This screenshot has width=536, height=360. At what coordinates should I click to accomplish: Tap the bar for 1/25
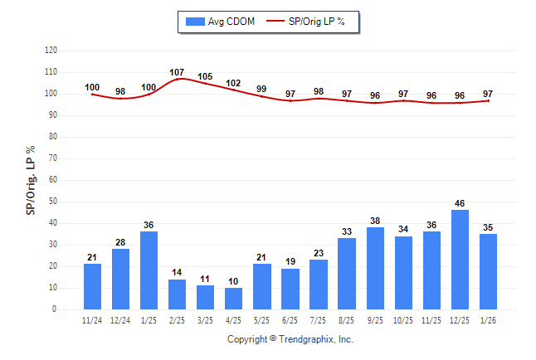pyautogui.click(x=149, y=270)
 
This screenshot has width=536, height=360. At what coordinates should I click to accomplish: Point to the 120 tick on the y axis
pyautogui.click(x=51, y=51)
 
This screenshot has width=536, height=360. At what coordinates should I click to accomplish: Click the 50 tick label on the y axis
pyautogui.click(x=52, y=202)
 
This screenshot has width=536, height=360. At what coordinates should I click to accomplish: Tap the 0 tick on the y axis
pyautogui.click(x=55, y=309)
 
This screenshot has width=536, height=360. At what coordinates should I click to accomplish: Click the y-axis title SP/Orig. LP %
pyautogui.click(x=31, y=178)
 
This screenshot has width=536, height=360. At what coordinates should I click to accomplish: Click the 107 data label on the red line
pyautogui.click(x=177, y=72)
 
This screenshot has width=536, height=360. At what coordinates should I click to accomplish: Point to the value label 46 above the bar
pyautogui.click(x=460, y=203)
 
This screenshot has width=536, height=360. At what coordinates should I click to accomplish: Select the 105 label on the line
pyautogui.click(x=205, y=76)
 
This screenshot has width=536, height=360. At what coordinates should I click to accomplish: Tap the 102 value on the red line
pyautogui.click(x=233, y=83)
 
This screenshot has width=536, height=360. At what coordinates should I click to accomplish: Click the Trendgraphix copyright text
pyautogui.click(x=290, y=339)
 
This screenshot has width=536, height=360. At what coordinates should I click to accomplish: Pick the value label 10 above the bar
pyautogui.click(x=234, y=281)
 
